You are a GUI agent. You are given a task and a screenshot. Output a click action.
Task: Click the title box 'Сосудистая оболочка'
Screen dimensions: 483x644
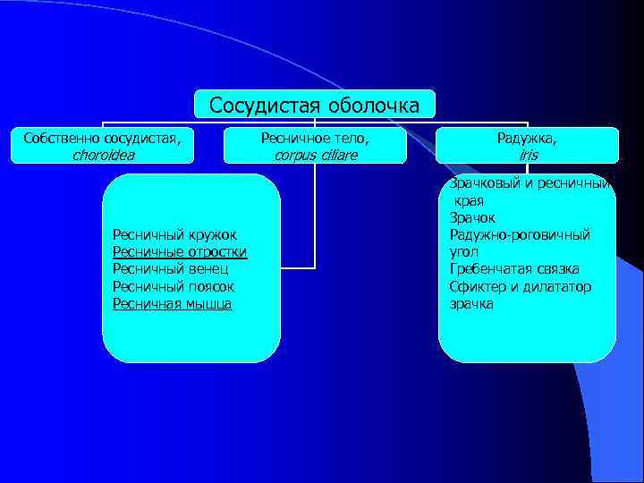point(314,105)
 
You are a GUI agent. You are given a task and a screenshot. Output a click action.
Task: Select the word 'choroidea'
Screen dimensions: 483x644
point(103,155)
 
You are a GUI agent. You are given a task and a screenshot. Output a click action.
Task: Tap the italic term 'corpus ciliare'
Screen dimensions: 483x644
point(314,155)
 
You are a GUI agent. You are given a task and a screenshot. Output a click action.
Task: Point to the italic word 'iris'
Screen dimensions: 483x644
point(528,155)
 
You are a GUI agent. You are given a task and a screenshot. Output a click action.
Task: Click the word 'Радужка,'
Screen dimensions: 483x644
point(528,138)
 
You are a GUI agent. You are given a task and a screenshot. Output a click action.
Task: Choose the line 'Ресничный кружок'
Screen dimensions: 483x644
point(174,234)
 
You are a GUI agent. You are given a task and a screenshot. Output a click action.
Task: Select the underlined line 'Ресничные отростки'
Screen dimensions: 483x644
point(180,251)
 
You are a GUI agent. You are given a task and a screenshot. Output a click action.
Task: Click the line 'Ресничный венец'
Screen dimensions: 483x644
point(170,269)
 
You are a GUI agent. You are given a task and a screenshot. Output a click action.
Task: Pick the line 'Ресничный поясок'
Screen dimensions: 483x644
point(173,286)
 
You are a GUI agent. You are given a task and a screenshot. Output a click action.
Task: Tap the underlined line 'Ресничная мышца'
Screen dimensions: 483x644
point(172,304)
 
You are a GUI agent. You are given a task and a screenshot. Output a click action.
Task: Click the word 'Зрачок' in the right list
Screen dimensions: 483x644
point(472,217)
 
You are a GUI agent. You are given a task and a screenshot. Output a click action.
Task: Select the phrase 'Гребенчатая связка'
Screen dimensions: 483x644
point(514,269)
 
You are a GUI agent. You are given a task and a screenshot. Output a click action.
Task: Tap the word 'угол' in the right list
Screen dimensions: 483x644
point(463,251)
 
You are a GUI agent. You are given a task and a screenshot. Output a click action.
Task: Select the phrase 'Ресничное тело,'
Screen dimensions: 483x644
point(314,138)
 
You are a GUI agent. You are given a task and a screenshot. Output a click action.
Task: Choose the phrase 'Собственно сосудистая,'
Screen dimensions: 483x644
point(103,138)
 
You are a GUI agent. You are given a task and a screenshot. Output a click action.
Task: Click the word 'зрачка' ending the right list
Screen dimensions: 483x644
point(470,304)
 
